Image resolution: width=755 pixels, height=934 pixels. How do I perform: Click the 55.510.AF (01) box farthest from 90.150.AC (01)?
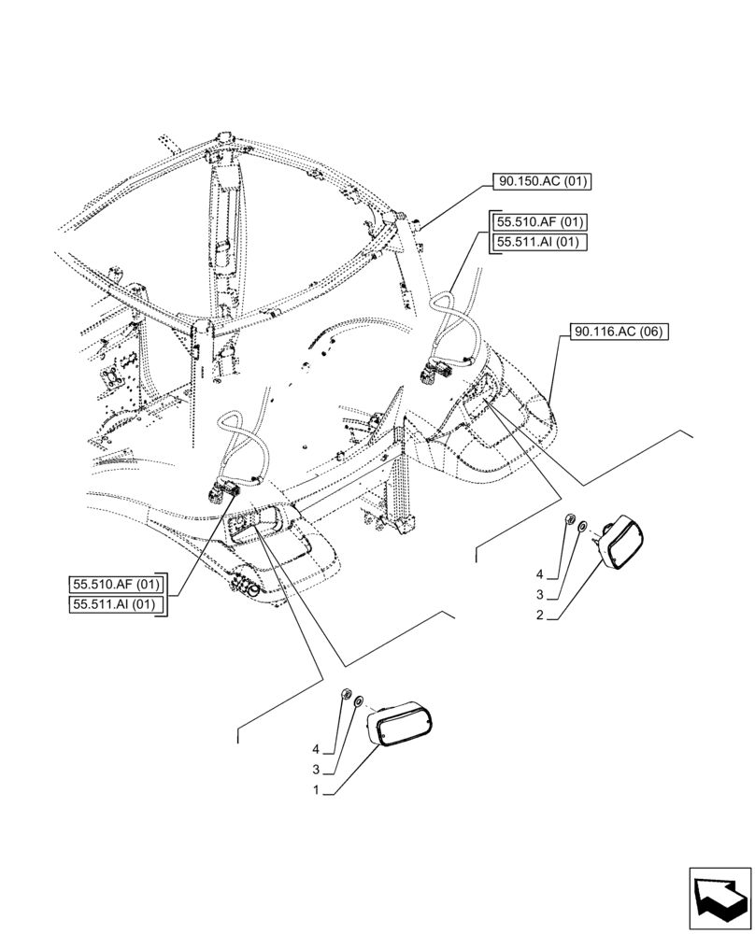[x=117, y=586]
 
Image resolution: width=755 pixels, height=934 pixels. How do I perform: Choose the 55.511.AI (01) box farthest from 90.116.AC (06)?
[x=117, y=605]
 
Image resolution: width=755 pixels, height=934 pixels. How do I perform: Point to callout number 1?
[x=318, y=790]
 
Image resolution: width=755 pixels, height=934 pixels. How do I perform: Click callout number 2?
[x=539, y=616]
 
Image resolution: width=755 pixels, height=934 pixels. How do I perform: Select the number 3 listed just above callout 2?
[x=539, y=594]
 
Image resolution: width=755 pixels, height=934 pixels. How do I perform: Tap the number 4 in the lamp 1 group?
[x=317, y=749]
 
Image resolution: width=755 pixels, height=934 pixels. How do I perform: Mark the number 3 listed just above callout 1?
[x=317, y=770]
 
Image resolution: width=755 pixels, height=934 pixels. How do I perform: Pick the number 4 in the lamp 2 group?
[x=539, y=573]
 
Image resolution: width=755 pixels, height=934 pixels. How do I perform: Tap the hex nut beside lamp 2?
[x=569, y=521]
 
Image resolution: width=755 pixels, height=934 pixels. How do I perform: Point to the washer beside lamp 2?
[x=582, y=528]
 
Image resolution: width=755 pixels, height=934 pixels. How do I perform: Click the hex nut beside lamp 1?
[x=346, y=695]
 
